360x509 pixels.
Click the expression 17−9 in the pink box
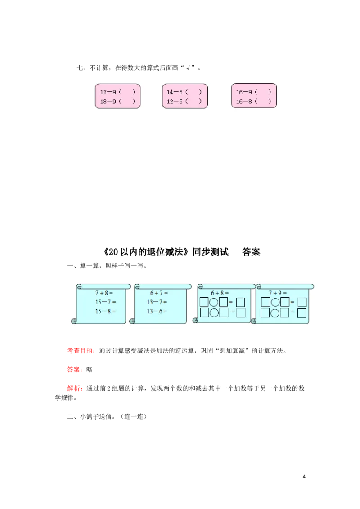coord(108,92)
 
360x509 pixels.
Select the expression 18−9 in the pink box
coord(108,101)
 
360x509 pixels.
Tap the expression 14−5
coord(175,92)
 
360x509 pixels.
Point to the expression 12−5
coord(175,101)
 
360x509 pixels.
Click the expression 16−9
coord(244,92)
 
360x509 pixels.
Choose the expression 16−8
coord(244,101)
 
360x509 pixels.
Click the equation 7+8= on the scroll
coord(104,293)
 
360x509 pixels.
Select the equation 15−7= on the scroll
coord(106,302)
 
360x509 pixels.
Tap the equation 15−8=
coord(106,311)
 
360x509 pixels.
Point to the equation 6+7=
coord(159,293)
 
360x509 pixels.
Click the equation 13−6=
coord(157,311)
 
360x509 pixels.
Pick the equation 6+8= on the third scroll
coord(220,293)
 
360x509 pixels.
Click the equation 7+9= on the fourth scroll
coord(278,293)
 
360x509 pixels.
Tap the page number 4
coord(304,477)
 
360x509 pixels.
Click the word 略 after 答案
coord(90,370)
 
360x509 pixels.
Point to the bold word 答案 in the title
coord(251,252)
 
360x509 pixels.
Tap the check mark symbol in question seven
coord(188,68)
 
